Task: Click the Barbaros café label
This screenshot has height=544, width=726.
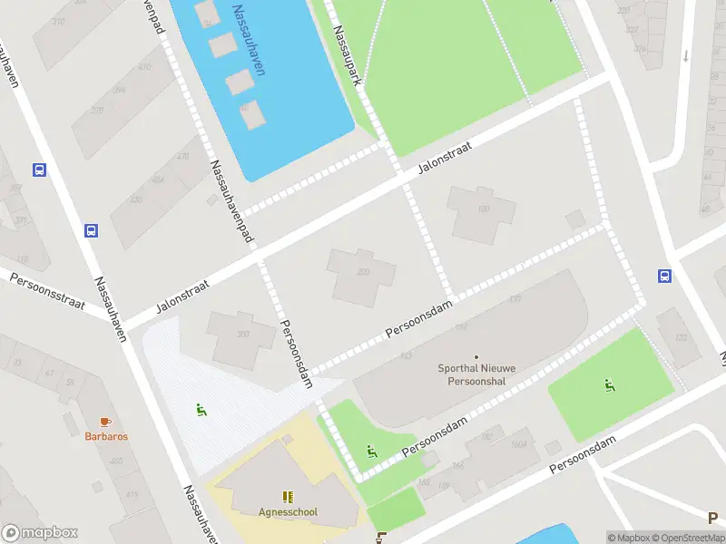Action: coord(106,436)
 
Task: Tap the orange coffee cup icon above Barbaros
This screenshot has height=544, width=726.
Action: coord(105,422)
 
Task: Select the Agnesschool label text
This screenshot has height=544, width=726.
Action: coord(288,511)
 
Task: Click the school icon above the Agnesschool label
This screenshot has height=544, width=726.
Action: coord(288,497)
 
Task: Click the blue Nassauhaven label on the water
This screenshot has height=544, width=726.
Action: coord(247,41)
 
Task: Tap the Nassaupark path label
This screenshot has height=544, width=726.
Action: coord(348,54)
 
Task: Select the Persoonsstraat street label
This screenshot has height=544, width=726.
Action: coord(47,291)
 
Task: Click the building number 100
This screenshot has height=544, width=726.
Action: coord(483,209)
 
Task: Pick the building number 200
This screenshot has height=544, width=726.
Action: coord(363,272)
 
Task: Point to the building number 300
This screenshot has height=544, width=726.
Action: coord(242,335)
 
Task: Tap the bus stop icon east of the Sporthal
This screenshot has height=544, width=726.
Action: coord(665,277)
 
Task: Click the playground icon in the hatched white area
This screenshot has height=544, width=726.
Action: coord(201,410)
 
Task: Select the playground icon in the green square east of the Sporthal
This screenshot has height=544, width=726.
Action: coord(610,385)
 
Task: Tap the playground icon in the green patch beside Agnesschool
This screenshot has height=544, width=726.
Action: coord(370,451)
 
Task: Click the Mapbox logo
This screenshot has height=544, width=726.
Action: coord(40,533)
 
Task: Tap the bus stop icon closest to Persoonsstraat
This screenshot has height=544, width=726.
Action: coord(91,230)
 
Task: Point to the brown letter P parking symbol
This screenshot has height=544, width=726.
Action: coord(713,518)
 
